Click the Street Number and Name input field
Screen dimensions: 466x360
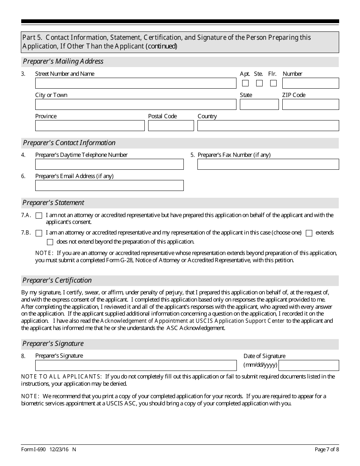[135, 83]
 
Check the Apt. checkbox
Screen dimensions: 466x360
[246, 83]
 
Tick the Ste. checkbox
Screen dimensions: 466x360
[259, 83]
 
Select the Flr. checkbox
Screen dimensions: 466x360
[273, 83]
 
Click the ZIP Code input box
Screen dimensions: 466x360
[310, 105]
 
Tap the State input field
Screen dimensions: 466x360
[259, 105]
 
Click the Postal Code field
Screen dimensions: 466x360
[171, 126]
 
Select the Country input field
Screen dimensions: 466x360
[268, 126]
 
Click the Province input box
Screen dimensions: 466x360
[90, 126]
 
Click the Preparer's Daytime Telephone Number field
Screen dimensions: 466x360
[109, 164]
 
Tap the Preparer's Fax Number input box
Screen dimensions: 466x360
[268, 164]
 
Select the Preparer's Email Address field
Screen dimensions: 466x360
[109, 186]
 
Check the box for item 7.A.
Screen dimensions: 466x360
[39, 216]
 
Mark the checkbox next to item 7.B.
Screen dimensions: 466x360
[39, 233]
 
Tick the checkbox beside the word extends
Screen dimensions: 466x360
[309, 233]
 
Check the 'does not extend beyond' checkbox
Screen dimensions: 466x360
[50, 242]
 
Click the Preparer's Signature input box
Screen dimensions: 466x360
[136, 366]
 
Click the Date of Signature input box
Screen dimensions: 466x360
[308, 366]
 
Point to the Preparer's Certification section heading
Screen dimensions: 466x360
[57, 280]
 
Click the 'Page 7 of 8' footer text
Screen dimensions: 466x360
[327, 450]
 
